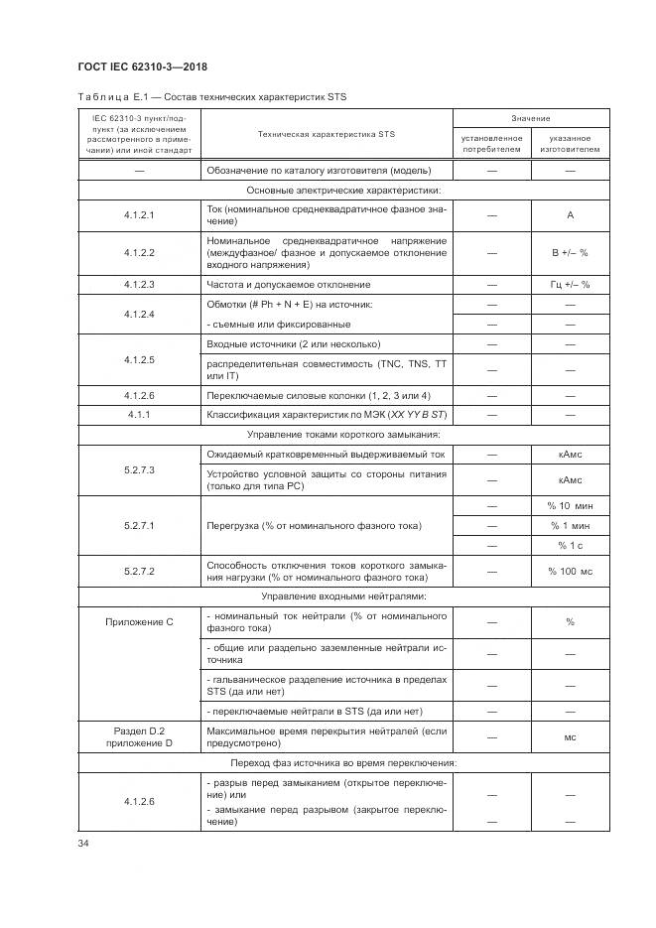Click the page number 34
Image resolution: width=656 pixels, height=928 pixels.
point(83,844)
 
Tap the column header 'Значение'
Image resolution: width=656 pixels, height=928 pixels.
point(531,118)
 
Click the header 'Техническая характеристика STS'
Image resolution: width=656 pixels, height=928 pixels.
point(326,133)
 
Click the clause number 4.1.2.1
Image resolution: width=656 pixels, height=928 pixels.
point(139,214)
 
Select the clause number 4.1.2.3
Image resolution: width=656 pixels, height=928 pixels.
point(139,285)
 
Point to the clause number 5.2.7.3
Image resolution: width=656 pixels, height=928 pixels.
point(139,467)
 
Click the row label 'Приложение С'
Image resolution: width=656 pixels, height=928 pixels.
point(139,621)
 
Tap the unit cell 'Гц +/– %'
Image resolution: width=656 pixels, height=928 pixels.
point(570,285)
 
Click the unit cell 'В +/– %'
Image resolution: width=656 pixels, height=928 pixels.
point(570,253)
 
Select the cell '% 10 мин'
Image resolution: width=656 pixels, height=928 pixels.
point(570,507)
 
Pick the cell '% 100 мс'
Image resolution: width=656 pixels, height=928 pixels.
point(570,571)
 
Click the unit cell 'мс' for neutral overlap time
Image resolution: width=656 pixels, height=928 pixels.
point(570,737)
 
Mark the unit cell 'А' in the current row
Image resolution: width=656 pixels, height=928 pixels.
point(570,214)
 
